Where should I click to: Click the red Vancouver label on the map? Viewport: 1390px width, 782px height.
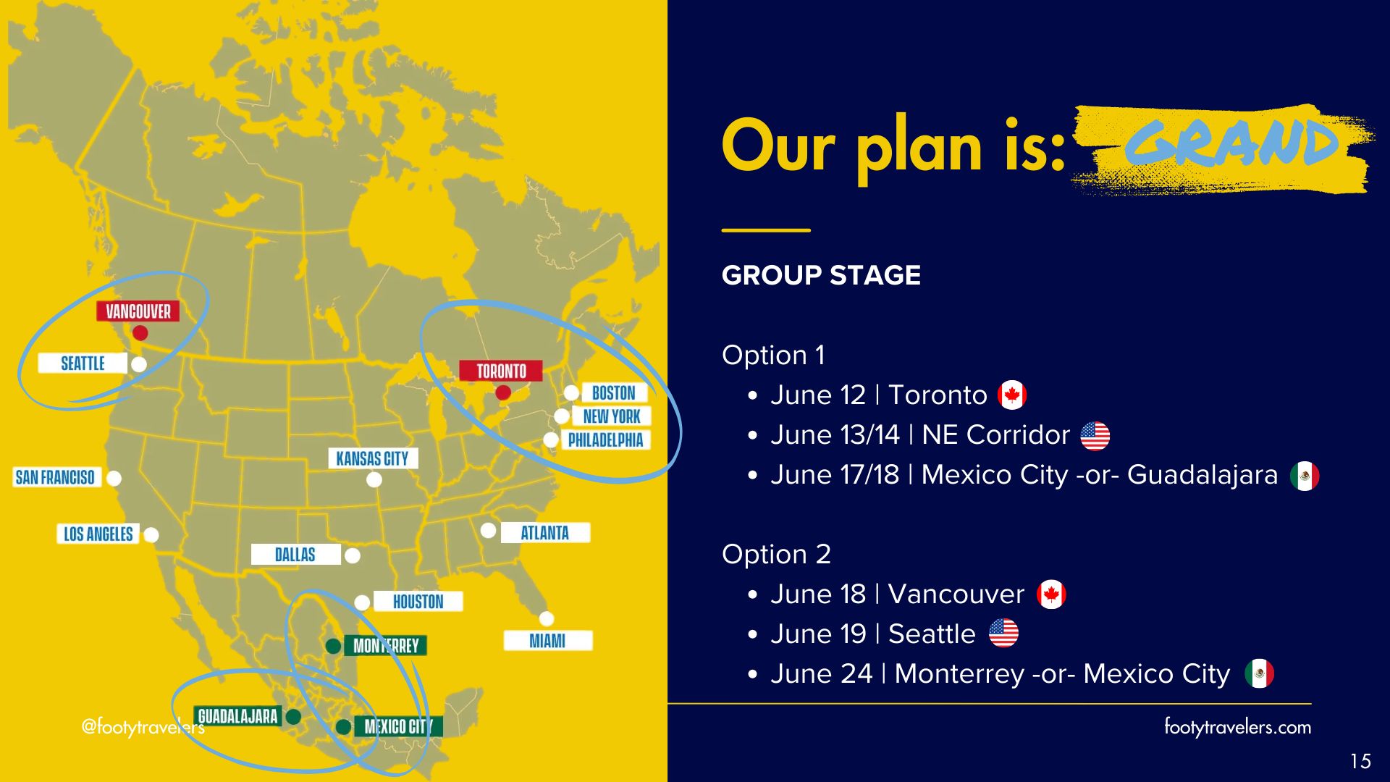[x=138, y=311]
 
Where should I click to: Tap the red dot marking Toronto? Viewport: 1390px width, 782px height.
[x=502, y=392]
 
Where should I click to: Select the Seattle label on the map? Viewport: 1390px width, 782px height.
[x=83, y=363]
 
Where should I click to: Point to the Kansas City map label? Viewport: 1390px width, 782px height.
[x=372, y=458]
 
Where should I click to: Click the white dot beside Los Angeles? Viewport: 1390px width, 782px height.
[x=151, y=535]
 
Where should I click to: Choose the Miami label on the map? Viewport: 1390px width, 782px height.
[x=547, y=641]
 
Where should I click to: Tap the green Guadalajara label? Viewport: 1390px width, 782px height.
[x=237, y=716]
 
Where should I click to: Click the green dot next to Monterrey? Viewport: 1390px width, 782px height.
[x=333, y=646]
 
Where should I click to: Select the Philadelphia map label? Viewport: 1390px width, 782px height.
[x=605, y=440]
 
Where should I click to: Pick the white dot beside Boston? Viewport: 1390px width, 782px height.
[x=571, y=392]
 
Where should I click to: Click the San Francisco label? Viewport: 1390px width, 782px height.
[x=55, y=477]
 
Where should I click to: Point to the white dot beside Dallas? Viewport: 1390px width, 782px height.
[x=353, y=555]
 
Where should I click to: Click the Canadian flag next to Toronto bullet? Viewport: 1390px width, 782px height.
[x=1012, y=395]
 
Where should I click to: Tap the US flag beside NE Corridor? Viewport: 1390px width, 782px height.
[x=1095, y=436]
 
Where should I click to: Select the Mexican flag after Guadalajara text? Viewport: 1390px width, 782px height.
[x=1305, y=476]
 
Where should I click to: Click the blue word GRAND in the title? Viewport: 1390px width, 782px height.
[x=1231, y=143]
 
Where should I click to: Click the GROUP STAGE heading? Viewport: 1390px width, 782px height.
[x=821, y=275]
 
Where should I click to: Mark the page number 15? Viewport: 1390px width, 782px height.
[x=1360, y=761]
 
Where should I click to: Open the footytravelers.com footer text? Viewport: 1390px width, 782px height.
[x=1237, y=726]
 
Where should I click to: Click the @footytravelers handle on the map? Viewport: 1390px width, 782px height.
[x=143, y=726]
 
